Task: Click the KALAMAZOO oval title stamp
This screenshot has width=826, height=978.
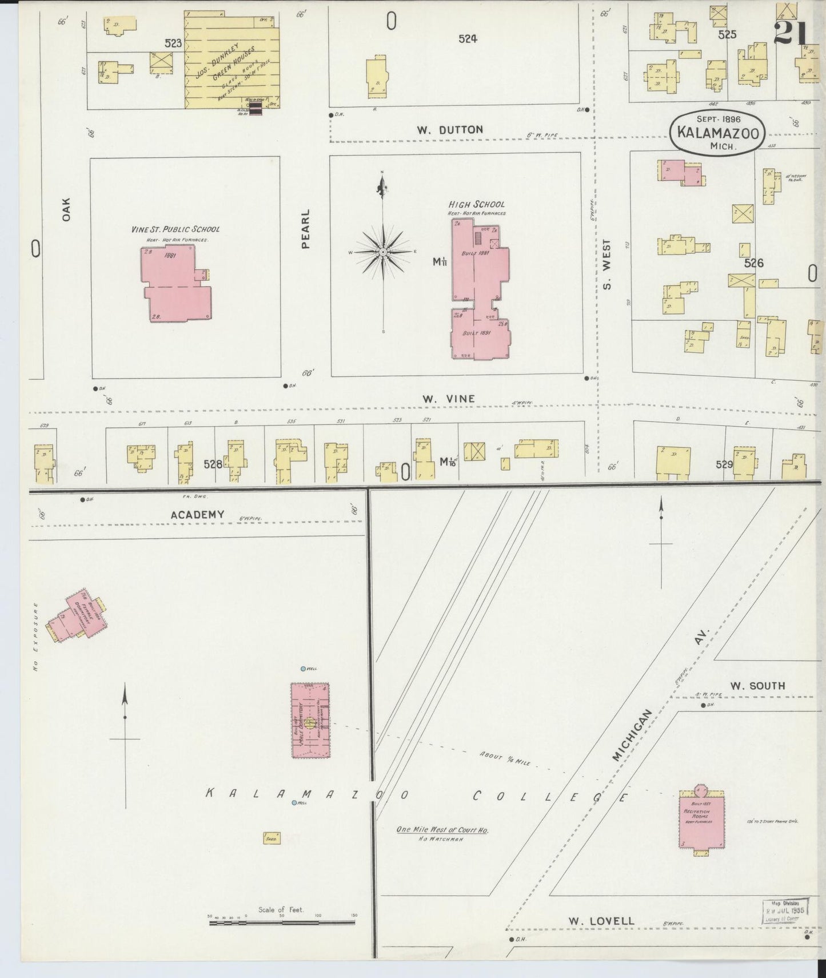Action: coord(718,132)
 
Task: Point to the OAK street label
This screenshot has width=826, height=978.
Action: coord(66,209)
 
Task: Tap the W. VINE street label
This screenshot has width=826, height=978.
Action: coord(448,399)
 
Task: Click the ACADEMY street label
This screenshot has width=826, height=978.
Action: coord(197,515)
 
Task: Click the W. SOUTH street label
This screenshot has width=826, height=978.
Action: coord(757,685)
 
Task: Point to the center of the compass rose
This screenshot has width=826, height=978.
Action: coord(382,252)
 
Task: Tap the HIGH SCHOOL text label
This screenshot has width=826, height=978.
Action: coord(476,204)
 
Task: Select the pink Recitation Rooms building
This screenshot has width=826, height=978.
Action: coord(703,819)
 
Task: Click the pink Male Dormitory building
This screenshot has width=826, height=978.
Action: coord(310,721)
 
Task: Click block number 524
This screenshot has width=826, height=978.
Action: coord(467,39)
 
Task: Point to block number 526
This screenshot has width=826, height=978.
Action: coord(753,263)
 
